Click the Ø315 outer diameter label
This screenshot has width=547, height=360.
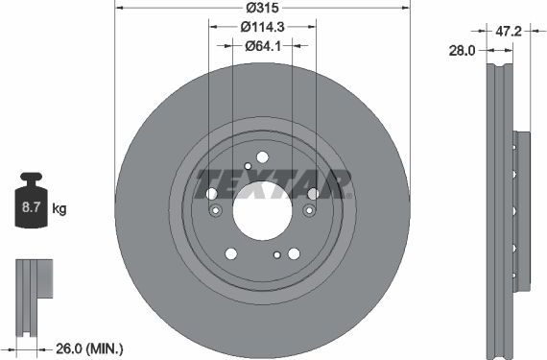coord(262,8)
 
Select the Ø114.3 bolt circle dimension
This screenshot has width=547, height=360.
coord(262,27)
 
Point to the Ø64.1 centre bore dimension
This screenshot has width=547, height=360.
coord(262,46)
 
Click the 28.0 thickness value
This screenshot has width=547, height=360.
coord(464,51)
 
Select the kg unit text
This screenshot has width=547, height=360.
coord(59,208)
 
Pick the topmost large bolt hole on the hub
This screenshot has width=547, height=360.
coord(262,158)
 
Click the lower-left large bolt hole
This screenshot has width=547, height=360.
coord(230,253)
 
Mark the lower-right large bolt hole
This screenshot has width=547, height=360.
coord(294,253)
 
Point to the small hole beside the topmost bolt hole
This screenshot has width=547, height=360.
coord(248,167)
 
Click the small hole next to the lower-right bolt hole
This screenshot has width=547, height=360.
coord(277,255)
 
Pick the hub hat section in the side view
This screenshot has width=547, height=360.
coord(522,211)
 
